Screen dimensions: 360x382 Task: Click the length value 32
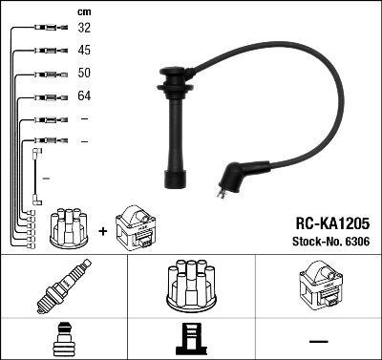coord(84,30)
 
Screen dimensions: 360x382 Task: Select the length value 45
coord(84,52)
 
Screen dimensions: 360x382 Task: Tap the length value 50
coord(84,74)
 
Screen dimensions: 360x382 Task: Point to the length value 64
coord(84,96)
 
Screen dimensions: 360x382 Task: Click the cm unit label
coord(83,11)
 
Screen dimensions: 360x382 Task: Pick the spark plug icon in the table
coord(63,287)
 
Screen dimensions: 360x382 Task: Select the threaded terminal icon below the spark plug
coord(63,339)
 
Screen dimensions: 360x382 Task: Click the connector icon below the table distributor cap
coord(190,339)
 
